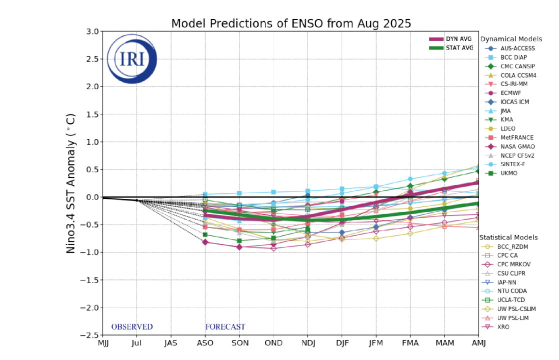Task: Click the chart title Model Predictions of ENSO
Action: pyautogui.click(x=291, y=23)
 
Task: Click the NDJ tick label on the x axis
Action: pyautogui.click(x=307, y=342)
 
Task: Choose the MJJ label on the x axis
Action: pyautogui.click(x=102, y=342)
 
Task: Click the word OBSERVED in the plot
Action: pyautogui.click(x=132, y=327)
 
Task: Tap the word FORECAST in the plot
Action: pyautogui.click(x=225, y=327)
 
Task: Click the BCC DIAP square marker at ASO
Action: pyautogui.click(x=205, y=194)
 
